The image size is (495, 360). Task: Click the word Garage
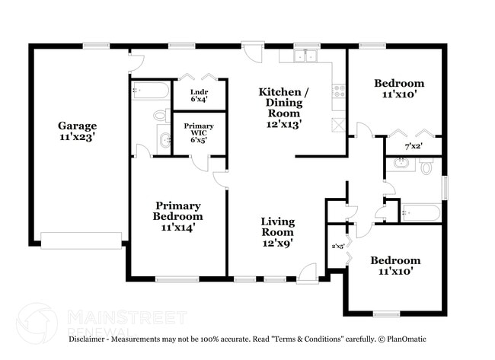[77, 126]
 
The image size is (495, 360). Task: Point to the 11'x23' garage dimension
[77, 138]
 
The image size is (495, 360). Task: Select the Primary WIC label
[198, 132]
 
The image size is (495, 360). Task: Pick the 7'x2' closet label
[414, 145]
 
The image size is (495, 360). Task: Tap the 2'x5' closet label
[338, 246]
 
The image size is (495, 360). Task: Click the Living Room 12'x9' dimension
[277, 243]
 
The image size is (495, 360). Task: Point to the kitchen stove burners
[339, 92]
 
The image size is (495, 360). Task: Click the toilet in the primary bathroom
[161, 116]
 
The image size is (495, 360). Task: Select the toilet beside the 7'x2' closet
[427, 165]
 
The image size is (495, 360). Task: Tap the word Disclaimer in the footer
[91, 339]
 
